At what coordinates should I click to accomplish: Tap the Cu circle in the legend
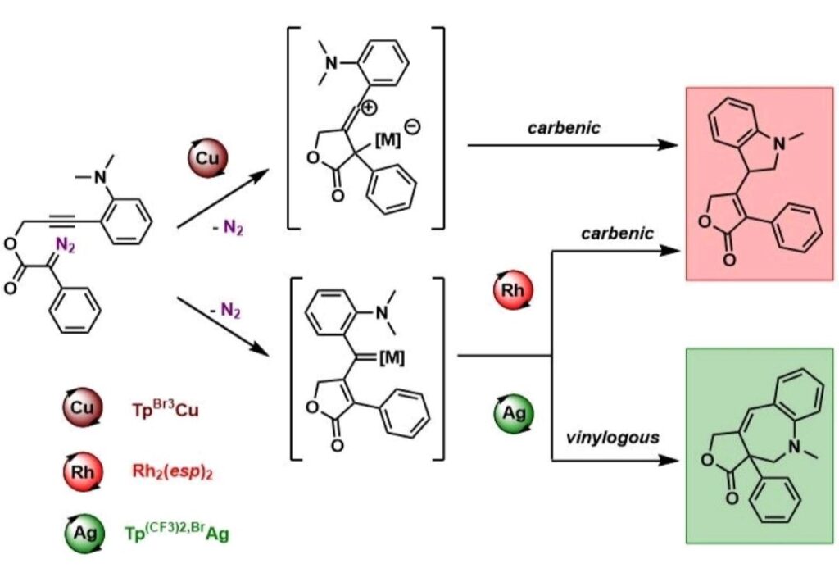pos(83,407)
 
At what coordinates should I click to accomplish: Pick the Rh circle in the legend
pos(83,471)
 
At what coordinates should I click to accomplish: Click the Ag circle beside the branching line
pos(513,415)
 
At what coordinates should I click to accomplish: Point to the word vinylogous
pos(612,438)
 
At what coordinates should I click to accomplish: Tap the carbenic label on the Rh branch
pos(617,234)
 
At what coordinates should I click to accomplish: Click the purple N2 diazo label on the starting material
pos(64,243)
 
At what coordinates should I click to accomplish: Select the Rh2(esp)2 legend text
pos(171,471)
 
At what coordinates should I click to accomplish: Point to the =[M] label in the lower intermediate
pos(388,357)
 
